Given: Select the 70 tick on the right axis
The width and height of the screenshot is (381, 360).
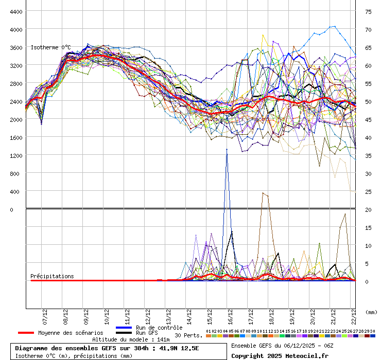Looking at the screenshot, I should [368, 29].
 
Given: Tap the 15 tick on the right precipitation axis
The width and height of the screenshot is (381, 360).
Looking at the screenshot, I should [368, 227].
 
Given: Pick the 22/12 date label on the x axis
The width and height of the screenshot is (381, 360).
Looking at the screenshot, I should [353, 314].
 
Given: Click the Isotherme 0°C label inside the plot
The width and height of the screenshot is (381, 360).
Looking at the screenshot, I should [50, 47].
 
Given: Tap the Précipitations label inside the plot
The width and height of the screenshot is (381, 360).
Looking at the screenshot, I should [52, 276].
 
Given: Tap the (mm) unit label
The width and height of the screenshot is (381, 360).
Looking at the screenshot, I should [371, 312].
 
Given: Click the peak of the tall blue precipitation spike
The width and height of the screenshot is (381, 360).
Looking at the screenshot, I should [227, 149].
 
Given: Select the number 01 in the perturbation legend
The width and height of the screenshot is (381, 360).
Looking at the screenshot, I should [208, 331].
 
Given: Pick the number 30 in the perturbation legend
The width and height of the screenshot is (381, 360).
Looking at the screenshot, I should [372, 331].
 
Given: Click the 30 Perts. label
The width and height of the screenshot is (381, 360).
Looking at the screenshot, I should [188, 335].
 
